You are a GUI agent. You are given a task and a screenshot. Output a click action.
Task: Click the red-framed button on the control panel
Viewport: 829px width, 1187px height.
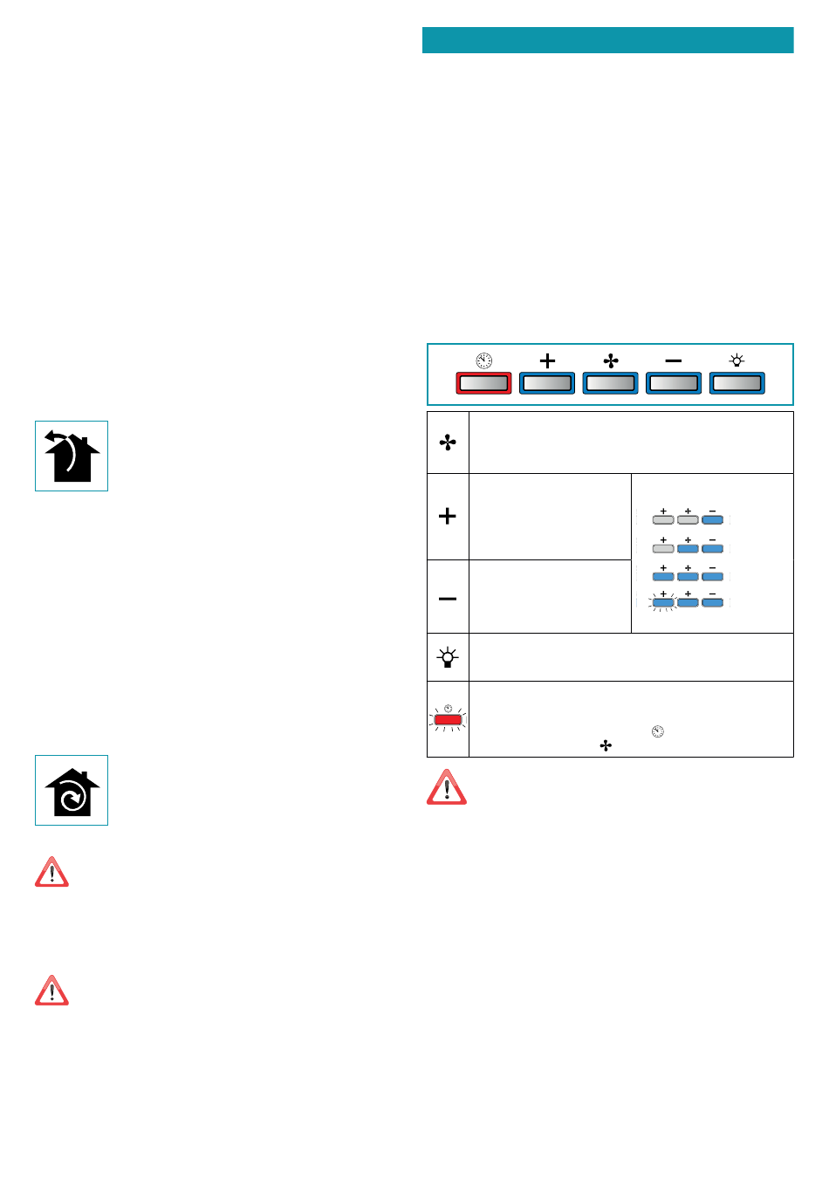coord(483,383)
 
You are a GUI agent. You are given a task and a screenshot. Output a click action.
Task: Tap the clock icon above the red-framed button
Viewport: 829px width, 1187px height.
coord(483,360)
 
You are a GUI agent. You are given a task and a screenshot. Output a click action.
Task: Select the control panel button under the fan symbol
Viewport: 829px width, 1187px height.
coord(610,383)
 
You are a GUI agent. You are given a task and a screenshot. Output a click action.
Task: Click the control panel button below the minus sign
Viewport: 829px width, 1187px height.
coord(673,383)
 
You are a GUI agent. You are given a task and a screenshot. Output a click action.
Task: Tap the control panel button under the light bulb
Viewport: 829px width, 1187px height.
coord(737,383)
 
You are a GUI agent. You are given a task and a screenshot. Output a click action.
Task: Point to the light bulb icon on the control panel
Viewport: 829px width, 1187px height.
coord(737,360)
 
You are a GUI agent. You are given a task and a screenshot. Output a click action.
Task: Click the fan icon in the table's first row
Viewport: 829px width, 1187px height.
coord(448,443)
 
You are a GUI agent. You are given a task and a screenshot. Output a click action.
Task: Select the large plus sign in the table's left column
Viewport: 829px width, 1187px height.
coord(448,516)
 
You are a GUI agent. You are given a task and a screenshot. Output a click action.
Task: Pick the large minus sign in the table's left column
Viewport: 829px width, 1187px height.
coord(448,599)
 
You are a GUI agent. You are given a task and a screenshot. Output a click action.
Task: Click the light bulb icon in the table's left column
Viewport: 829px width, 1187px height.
coord(448,657)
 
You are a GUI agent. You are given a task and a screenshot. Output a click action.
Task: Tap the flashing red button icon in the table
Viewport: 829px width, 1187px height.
coord(448,719)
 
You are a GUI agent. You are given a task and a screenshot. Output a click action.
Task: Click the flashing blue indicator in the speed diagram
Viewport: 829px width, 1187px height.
coord(663,601)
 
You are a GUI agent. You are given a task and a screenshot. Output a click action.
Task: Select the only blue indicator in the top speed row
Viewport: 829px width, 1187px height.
coord(712,519)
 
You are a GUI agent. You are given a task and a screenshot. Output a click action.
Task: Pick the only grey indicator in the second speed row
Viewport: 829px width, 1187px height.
coord(663,548)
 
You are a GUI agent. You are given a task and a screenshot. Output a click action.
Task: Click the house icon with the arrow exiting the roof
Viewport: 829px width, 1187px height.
coord(72,456)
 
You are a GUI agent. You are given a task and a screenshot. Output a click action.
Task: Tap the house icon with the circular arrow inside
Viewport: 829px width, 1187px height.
coord(72,791)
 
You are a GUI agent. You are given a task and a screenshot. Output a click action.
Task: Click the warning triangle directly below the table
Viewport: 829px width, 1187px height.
coord(446,787)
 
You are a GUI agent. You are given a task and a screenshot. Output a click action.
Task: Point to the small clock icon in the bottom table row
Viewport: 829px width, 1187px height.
coord(657,731)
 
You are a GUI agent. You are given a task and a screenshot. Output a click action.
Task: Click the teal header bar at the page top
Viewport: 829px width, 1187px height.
coord(607,40)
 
